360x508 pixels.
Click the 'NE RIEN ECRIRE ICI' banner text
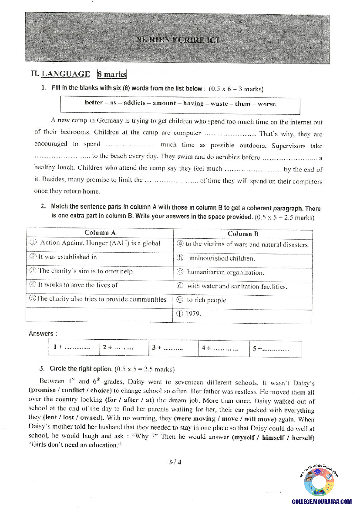tap(177, 40)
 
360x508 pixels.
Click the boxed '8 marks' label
tap(112, 74)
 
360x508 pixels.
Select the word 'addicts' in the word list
tap(135, 103)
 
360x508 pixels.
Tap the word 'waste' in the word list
tap(219, 104)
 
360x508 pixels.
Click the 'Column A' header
tap(100, 233)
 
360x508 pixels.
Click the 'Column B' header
tap(243, 234)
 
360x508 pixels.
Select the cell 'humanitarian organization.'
tap(225, 273)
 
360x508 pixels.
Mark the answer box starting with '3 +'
tap(167, 348)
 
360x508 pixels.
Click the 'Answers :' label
tap(42, 334)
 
